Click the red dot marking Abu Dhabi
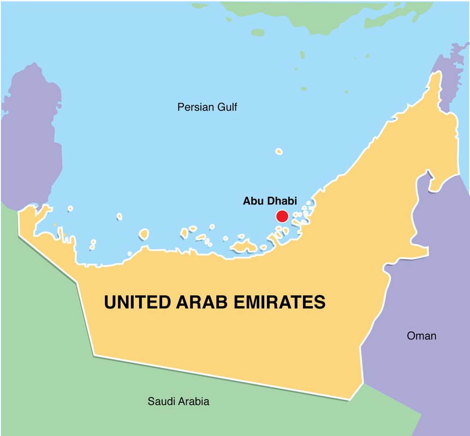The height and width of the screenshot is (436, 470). [282, 216]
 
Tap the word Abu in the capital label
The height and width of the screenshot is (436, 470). [253, 201]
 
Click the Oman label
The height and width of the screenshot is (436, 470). [421, 336]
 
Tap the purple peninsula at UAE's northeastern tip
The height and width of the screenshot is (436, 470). [448, 82]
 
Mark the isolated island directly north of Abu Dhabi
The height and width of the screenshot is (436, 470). [279, 151]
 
